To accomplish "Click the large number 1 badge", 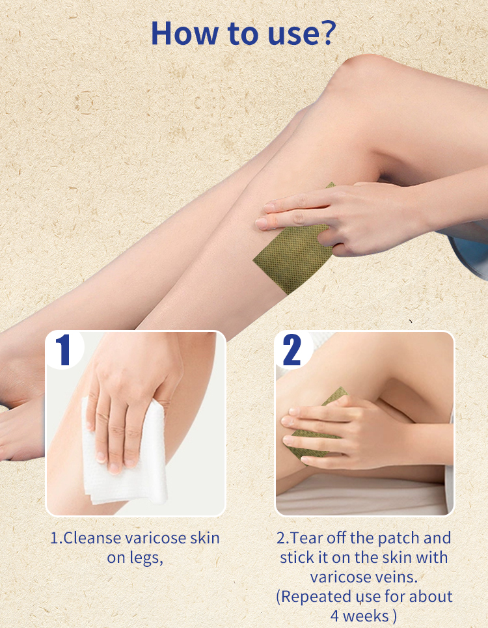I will [64, 350].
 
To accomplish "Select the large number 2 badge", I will [292, 350].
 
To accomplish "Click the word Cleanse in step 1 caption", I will [92, 538].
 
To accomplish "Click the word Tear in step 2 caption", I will [306, 538].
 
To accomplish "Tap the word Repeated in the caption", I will [317, 597].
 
